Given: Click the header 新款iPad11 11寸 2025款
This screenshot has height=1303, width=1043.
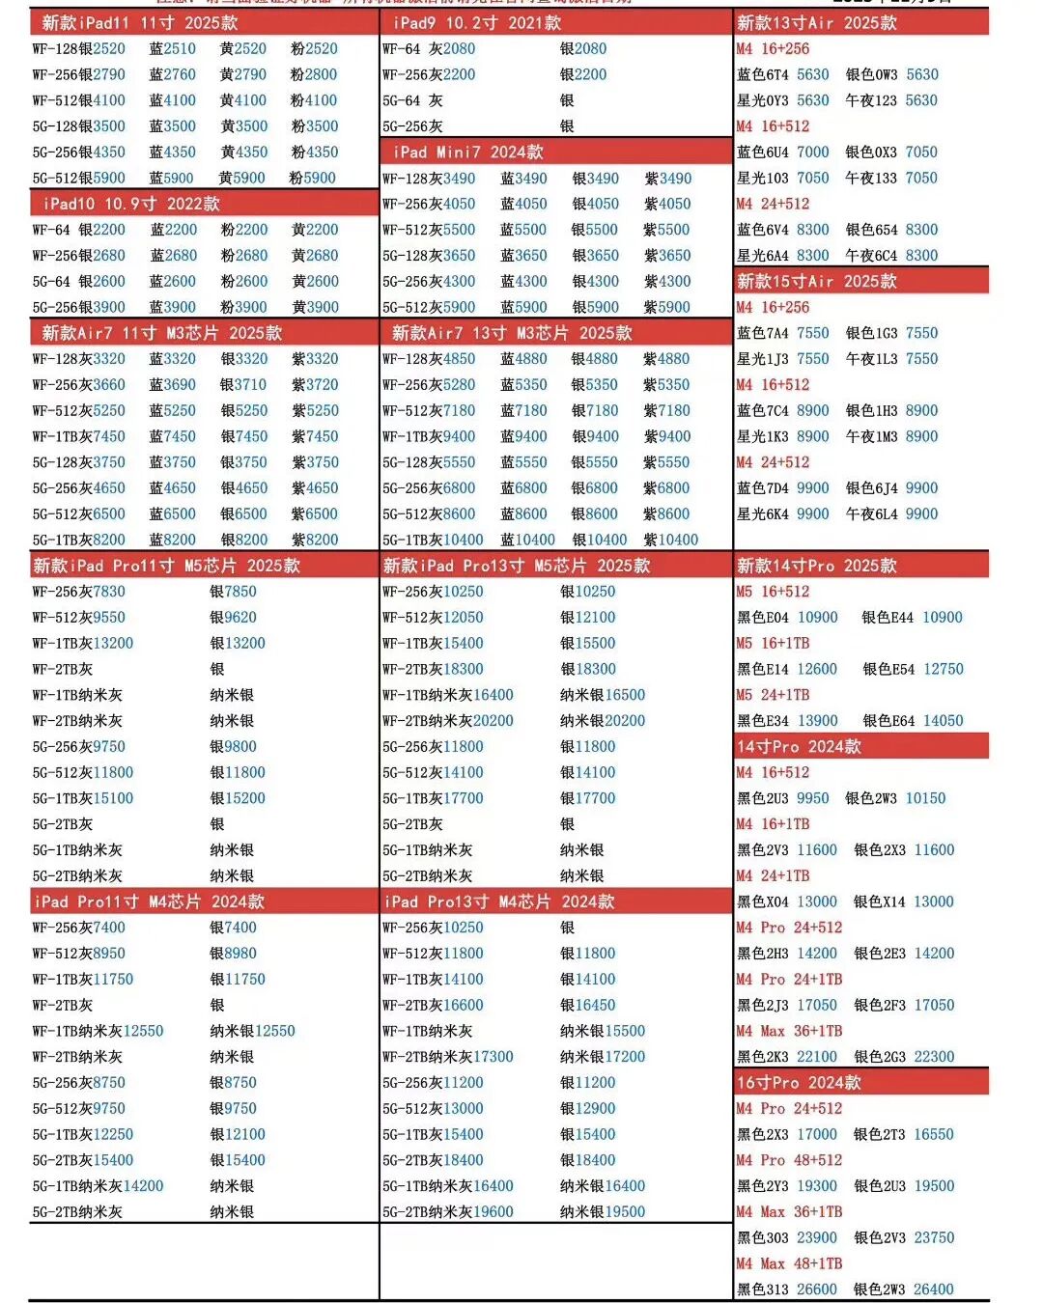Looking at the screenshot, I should pyautogui.click(x=139, y=22).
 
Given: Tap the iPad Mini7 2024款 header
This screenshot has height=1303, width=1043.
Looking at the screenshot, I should pyautogui.click(x=467, y=152).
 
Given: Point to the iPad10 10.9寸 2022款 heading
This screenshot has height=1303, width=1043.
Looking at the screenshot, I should pyautogui.click(x=131, y=204).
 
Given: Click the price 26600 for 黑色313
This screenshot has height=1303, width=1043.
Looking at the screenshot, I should pyautogui.click(x=817, y=1289).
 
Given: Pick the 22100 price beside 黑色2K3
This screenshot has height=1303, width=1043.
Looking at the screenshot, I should pyautogui.click(x=817, y=1057).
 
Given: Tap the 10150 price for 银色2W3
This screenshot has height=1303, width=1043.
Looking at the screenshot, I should pyautogui.click(x=925, y=798).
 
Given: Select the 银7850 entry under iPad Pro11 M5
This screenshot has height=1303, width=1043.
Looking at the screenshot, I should pyautogui.click(x=234, y=592).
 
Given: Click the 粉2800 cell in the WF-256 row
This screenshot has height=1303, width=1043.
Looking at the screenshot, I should pyautogui.click(x=314, y=74).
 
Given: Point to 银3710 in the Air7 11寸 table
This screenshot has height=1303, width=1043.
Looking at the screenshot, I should pyautogui.click(x=243, y=384).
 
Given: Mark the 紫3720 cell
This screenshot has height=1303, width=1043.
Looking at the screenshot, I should pyautogui.click(x=315, y=384).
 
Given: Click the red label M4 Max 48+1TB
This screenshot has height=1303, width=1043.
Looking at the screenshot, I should pyautogui.click(x=789, y=1263).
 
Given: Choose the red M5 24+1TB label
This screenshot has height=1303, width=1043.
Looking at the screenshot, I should pyautogui.click(x=773, y=695).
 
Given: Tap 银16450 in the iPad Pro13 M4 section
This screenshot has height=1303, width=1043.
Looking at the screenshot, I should pyautogui.click(x=588, y=1005).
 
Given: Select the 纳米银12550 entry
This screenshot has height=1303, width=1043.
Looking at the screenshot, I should pyautogui.click(x=253, y=1031).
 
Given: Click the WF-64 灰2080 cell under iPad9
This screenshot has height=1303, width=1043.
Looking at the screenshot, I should pyautogui.click(x=429, y=48).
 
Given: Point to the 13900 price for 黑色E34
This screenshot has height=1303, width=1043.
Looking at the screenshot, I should pyautogui.click(x=818, y=721).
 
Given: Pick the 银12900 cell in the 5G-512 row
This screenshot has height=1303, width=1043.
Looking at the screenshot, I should pyautogui.click(x=588, y=1108).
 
